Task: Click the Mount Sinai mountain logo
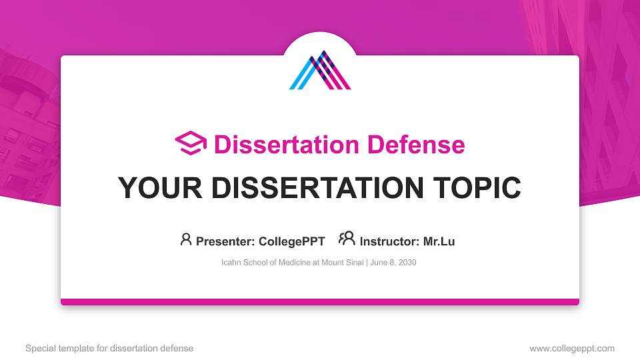320,70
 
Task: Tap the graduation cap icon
191,143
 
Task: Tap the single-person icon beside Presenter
186,239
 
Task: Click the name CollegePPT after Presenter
291,241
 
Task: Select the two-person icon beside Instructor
347,239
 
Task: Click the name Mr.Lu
439,241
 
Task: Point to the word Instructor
389,241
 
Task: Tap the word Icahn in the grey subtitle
232,263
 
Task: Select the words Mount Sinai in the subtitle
341,263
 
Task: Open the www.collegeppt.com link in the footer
571,348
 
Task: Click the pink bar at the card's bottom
320,302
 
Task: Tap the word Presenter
221,241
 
